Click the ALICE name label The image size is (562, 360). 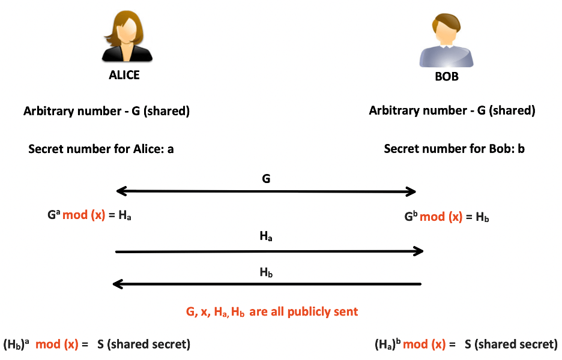click(x=124, y=75)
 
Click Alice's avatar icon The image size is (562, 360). click(x=126, y=36)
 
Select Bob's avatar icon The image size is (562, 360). click(x=446, y=42)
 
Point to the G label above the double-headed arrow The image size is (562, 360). click(x=267, y=178)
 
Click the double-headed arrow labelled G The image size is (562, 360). click(x=266, y=192)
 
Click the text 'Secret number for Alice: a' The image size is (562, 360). click(x=101, y=148)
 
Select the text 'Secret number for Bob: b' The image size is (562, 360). click(x=454, y=148)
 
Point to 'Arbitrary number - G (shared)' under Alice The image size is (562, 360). click(x=106, y=111)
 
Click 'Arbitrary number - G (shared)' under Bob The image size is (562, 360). click(x=452, y=110)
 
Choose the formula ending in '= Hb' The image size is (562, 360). click(x=447, y=216)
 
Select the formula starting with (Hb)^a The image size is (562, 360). click(x=97, y=344)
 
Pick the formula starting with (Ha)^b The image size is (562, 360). click(x=466, y=344)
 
